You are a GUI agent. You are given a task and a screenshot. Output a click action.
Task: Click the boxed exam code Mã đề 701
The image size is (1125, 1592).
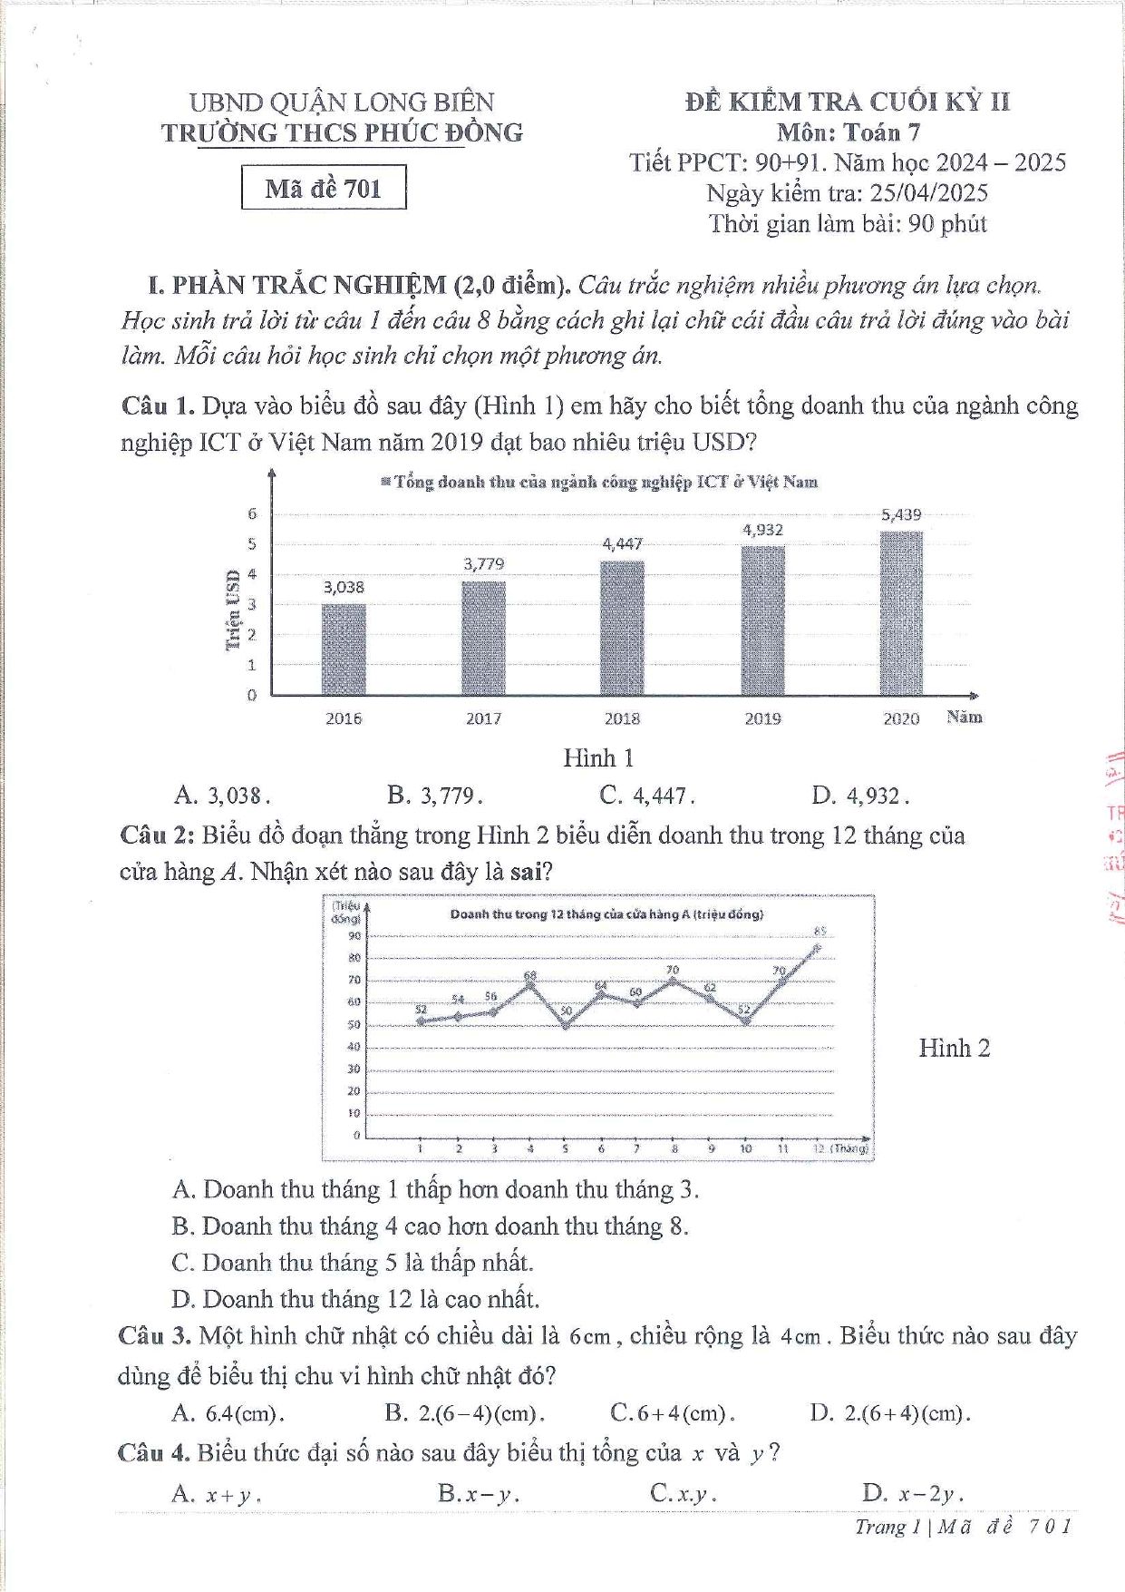[x=324, y=188]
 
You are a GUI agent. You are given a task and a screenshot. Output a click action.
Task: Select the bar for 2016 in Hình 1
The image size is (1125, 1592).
[x=344, y=649]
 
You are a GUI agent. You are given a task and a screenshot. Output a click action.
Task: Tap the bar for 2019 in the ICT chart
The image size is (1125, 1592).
[x=762, y=621]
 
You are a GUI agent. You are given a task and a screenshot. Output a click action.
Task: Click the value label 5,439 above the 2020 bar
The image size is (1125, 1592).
[x=901, y=514]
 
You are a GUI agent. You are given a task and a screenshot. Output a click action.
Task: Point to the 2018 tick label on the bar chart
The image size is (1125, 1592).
[x=622, y=718]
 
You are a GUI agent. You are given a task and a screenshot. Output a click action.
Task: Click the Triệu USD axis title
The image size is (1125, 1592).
[x=233, y=610]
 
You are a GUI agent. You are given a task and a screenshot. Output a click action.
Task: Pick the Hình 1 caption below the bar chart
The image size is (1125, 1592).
[x=598, y=757]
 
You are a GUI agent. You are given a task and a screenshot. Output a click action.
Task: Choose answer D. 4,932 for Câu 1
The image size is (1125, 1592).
[x=860, y=796]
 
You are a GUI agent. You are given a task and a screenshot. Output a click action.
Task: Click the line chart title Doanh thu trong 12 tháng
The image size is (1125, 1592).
[x=606, y=913]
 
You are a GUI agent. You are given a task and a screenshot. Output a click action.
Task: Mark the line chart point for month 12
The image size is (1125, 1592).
[x=817, y=947]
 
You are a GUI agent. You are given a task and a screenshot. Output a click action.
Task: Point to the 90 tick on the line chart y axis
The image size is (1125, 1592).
[x=354, y=935]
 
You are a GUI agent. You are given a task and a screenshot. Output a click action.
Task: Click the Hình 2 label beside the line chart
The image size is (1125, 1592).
[x=954, y=1048]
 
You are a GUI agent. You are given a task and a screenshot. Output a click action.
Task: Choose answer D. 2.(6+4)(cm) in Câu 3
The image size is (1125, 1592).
[x=890, y=1412]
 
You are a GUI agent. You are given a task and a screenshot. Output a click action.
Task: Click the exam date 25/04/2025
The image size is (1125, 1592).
[x=928, y=192]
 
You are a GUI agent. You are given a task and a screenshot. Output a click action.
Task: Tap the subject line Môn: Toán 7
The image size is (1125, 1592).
[x=848, y=132]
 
